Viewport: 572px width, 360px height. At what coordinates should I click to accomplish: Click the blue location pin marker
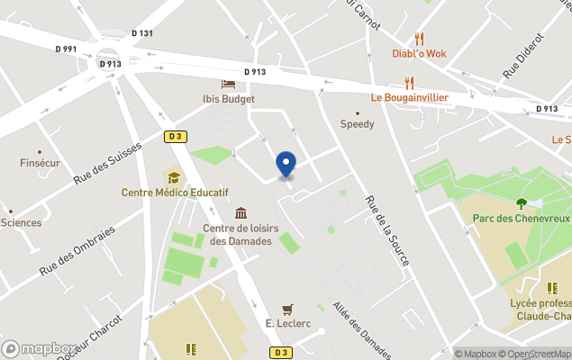coord(286,165)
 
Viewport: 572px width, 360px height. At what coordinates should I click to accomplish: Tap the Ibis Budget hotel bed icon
coord(228,85)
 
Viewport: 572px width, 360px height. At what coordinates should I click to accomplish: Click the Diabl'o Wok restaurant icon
coord(419,39)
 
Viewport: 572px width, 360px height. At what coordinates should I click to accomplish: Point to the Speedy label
coord(357,124)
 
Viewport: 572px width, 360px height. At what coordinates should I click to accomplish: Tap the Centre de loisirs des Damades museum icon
coord(241,213)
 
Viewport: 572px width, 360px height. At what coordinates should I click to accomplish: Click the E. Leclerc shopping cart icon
coord(287,309)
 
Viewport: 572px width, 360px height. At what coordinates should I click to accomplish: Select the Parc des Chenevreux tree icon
coord(521,202)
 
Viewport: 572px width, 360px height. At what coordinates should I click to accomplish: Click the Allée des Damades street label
coord(361,330)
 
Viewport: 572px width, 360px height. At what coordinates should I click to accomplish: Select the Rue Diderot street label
coord(524,56)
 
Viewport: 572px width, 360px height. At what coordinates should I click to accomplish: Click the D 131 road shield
coord(142,33)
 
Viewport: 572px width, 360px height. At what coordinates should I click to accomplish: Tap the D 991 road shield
coord(65,49)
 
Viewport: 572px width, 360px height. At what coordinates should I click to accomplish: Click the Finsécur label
coord(40,164)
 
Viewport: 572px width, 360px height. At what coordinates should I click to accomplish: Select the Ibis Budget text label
coord(228,99)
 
